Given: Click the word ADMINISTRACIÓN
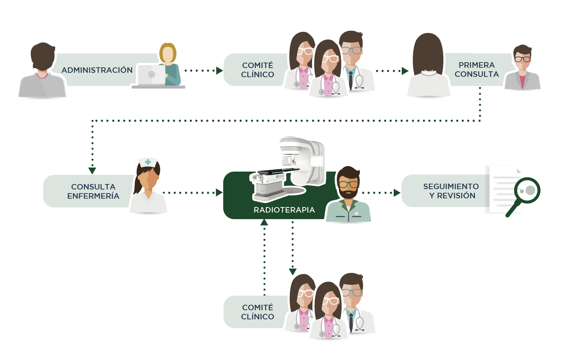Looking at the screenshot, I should [97, 70].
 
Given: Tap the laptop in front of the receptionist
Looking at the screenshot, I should [151, 75].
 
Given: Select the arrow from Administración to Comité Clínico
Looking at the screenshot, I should [203, 70].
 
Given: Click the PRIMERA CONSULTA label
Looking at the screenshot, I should [476, 70].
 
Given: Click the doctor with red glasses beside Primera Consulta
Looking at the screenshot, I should [522, 68].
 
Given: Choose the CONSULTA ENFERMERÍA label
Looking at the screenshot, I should [93, 191].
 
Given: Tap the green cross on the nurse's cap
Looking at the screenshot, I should [148, 162].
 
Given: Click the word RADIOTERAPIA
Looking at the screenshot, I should [284, 210].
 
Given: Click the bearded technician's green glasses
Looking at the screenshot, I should [348, 184].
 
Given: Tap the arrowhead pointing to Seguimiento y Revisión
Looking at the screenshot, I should [397, 193].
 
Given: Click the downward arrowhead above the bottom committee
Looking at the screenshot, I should [292, 271].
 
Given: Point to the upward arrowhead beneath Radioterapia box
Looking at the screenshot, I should [264, 222].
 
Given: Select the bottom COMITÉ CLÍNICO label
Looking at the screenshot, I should [258, 312].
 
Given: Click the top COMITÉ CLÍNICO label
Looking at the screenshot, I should [258, 70].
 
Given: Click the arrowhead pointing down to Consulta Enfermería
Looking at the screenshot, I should [92, 171].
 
